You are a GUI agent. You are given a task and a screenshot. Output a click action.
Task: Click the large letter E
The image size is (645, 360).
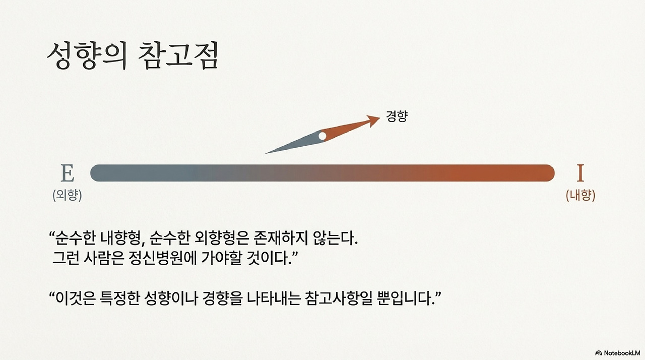tap(68, 173)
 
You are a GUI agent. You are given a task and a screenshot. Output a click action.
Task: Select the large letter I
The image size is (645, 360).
tap(580, 173)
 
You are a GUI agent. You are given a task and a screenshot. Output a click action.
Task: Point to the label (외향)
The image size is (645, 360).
tap(67, 195)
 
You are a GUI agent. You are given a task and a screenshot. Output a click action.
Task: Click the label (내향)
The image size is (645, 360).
tap(580, 195)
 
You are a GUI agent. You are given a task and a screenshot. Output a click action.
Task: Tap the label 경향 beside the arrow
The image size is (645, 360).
tap(397, 116)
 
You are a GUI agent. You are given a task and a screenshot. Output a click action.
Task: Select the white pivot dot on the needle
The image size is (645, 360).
tap(322, 136)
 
